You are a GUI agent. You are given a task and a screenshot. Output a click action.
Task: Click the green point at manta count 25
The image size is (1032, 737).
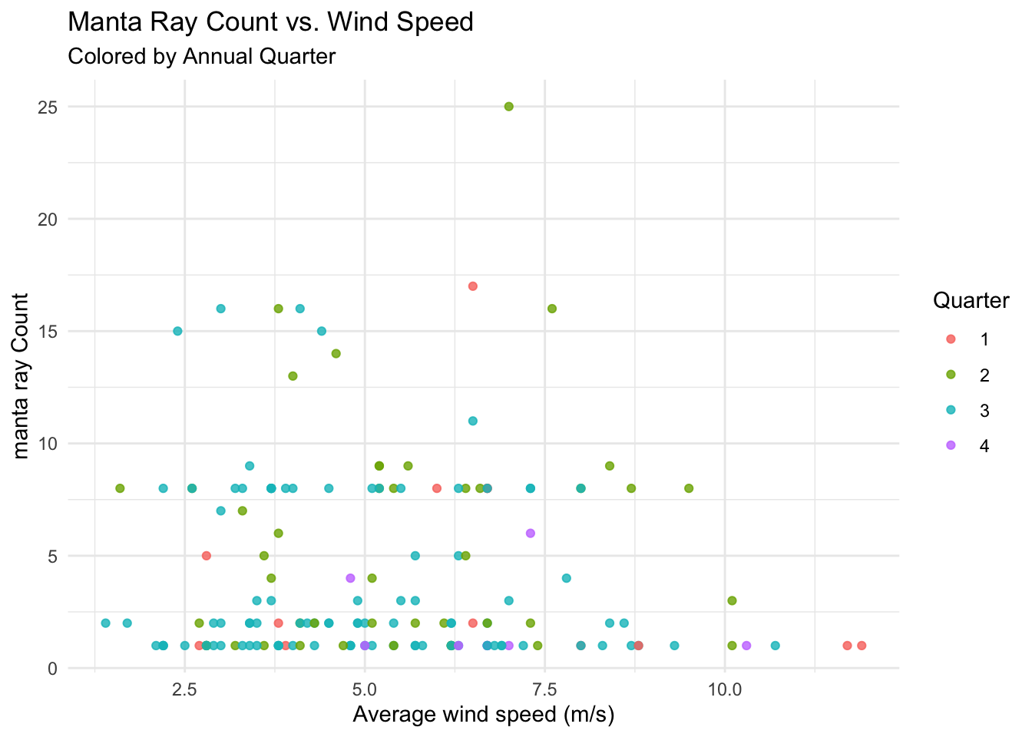coord(508,107)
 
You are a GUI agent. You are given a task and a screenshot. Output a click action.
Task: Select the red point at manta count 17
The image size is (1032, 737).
coord(473,286)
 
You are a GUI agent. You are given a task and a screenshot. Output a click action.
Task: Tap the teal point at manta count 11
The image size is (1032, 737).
coord(473,421)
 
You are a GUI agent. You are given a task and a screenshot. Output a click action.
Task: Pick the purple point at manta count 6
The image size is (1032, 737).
coord(531,533)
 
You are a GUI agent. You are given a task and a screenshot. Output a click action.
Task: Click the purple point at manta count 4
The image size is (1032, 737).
coord(350,577)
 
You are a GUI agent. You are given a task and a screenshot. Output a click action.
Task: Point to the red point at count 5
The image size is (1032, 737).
coord(207,556)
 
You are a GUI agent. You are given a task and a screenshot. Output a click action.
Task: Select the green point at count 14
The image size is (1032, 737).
coord(336,353)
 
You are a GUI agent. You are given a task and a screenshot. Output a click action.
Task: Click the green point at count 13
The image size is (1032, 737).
coord(293,376)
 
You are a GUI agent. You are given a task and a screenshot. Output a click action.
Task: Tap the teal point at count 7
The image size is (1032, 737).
coord(220,511)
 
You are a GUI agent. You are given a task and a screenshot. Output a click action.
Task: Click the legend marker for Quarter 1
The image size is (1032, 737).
coord(951,339)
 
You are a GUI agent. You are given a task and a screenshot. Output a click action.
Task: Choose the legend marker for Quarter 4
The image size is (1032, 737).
coord(951,445)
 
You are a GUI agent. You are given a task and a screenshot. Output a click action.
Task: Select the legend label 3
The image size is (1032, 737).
coord(984,411)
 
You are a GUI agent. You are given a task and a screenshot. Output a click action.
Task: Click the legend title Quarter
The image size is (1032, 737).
coord(971,301)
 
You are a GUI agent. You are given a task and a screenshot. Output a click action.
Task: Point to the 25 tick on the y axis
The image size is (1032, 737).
coord(48,107)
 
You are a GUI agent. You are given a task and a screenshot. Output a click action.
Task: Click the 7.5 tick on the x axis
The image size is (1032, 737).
coord(545,689)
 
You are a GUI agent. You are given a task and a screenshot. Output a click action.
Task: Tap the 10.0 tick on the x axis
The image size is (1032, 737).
coord(725,689)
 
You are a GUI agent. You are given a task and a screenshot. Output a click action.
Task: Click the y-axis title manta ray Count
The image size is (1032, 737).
coord(21,376)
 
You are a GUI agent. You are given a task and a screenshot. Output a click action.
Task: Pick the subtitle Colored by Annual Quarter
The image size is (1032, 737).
coord(202,57)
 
